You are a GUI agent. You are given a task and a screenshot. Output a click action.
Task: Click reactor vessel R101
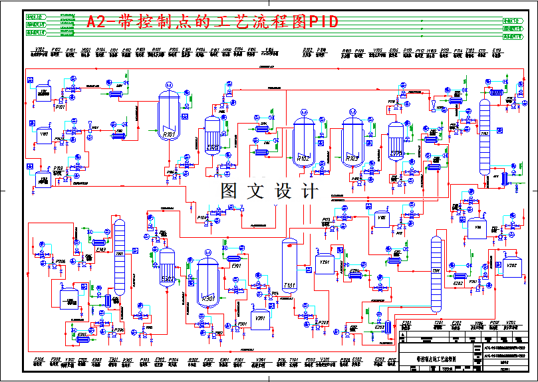click(x=169, y=117)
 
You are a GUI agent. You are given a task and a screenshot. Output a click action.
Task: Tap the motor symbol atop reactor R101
click(x=169, y=86)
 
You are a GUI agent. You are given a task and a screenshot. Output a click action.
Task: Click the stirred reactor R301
click(x=207, y=282)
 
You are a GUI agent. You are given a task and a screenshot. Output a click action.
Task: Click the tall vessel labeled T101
click(x=289, y=266)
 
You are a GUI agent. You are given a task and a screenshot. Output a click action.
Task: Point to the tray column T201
click(x=436, y=272)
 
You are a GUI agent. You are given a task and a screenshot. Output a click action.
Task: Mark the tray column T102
click(x=485, y=136)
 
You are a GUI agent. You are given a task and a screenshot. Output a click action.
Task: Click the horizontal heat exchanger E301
click(x=234, y=258)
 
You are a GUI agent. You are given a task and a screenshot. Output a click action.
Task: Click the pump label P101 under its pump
click(x=60, y=106)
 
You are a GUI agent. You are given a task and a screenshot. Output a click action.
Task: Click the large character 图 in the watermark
click(x=229, y=192)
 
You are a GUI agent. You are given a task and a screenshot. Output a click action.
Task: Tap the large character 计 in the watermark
click(x=309, y=192)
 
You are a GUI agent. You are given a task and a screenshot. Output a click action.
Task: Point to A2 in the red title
click(x=96, y=22)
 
